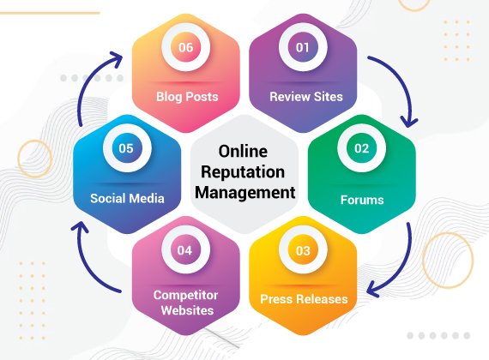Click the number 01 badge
point(303,47)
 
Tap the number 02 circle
point(361,148)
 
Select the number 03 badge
point(303,250)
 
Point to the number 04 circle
point(185,250)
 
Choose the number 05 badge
point(127,148)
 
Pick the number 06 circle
point(185,47)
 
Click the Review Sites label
point(306,97)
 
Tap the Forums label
point(362,200)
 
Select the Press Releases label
point(304,299)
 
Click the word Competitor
point(186,295)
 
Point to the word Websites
point(187,310)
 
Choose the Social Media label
point(127,199)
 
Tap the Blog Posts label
point(187,97)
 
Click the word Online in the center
point(243,152)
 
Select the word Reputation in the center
point(243,172)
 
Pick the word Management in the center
point(245,192)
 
